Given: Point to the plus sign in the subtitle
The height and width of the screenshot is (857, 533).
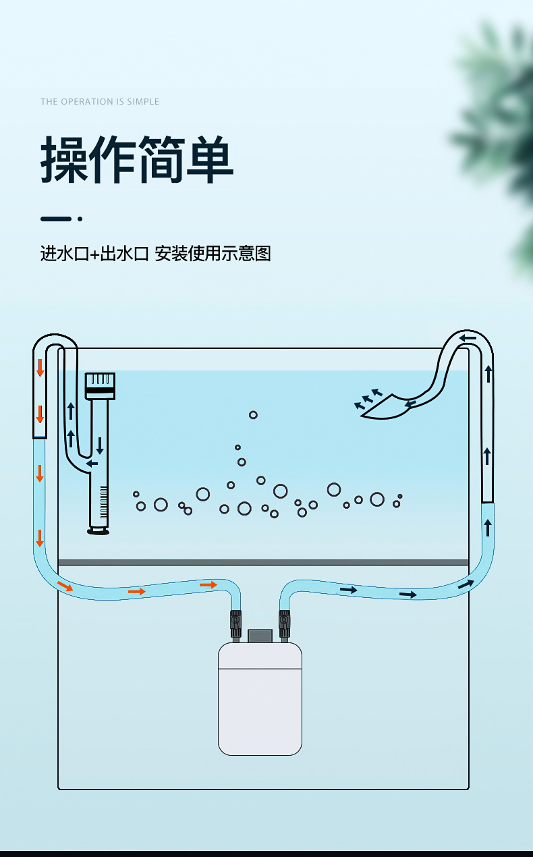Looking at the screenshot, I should click(94, 254).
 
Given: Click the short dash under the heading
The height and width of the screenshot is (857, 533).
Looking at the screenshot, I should click(55, 219).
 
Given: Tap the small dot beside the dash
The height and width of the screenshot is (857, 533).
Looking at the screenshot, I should click(80, 219).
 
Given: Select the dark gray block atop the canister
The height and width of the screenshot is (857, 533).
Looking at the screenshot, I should click(260, 636).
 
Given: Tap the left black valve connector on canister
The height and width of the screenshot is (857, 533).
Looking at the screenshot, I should click(235, 622).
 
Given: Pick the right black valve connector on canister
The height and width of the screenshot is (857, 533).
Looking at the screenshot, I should click(284, 622).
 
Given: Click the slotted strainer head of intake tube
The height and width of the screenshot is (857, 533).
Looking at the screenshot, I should click(100, 385).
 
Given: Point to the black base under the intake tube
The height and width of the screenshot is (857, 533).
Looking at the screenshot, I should click(99, 532).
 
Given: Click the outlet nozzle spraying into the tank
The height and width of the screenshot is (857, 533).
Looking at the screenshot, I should click(385, 408).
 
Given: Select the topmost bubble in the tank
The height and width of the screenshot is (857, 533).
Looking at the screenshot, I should click(253, 415).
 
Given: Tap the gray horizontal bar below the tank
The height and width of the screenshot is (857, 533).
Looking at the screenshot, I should click(263, 563).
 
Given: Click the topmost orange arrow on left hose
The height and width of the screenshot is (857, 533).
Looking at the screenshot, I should click(40, 368).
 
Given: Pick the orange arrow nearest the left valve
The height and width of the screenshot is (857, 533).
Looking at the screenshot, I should click(208, 584).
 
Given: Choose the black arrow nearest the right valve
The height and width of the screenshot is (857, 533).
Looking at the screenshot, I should click(348, 590).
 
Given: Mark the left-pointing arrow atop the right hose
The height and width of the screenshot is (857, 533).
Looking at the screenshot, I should click(468, 338).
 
